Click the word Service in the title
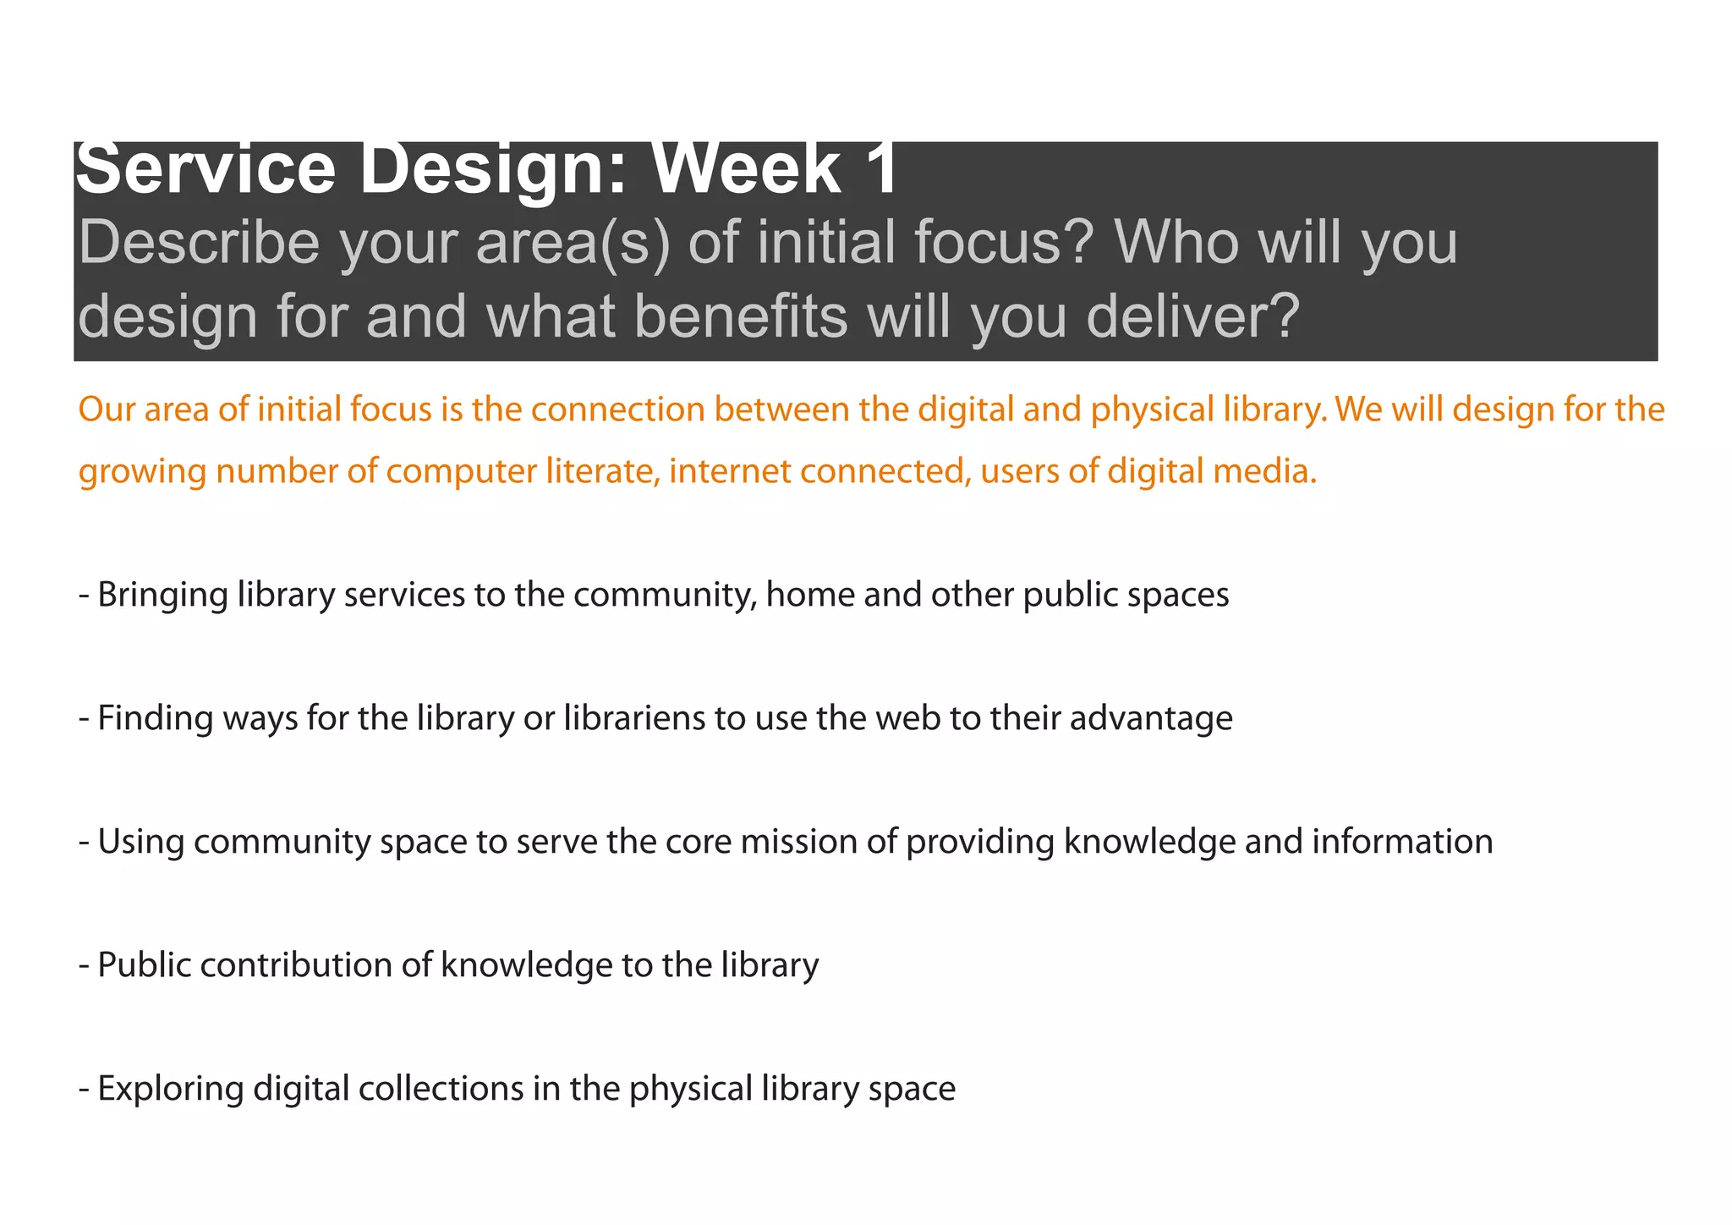click(206, 169)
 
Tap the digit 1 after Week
click(880, 169)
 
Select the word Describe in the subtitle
click(199, 244)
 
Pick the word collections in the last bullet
click(441, 1089)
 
